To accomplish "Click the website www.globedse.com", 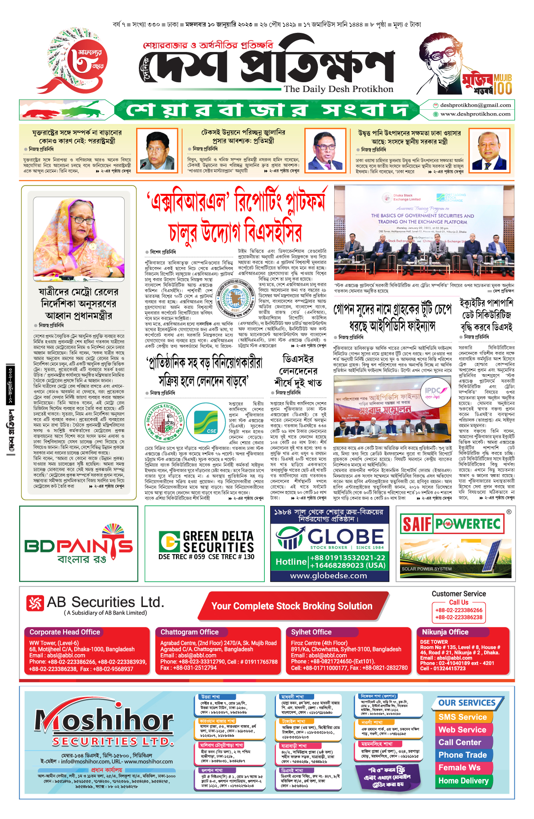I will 328,575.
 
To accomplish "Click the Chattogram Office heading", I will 190,632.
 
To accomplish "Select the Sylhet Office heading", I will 311,632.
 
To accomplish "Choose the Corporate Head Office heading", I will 65,632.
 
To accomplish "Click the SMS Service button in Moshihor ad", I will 462,717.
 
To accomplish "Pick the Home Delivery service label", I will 463,780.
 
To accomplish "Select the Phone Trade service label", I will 462,755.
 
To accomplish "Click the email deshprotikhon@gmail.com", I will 475,105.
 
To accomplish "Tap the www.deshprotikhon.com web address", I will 475,114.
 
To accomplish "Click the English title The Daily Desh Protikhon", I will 339,89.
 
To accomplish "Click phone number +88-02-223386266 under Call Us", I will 459,610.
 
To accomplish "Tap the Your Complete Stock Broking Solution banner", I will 292,606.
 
